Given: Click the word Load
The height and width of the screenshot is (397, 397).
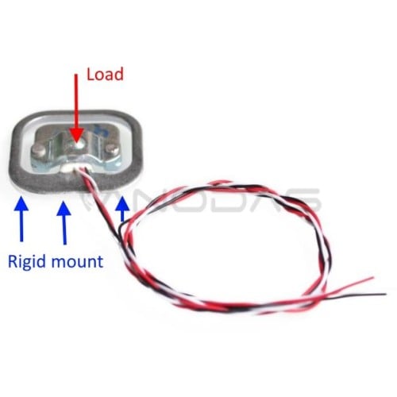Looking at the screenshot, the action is tap(105, 74).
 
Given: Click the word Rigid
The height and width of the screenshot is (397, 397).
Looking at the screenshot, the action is tap(26, 262).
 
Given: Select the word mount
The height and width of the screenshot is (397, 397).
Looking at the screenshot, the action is tap(77, 261).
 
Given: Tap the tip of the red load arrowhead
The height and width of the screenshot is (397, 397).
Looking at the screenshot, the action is tap(76, 142).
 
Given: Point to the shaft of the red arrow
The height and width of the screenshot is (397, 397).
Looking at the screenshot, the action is tap(76, 101).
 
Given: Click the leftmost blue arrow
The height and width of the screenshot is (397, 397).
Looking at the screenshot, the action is tap(21, 218).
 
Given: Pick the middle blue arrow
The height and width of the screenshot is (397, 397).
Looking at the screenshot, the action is tap(64, 223).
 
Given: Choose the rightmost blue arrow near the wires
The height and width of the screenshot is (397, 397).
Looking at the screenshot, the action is tap(122, 209).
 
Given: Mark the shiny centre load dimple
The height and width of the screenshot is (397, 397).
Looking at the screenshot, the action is tap(79, 144).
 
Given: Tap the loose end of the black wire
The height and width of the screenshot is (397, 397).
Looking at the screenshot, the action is tap(385, 294).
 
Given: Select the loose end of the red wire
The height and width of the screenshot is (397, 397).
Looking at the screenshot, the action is tap(372, 278).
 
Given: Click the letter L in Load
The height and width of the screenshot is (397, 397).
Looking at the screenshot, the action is tap(91, 74).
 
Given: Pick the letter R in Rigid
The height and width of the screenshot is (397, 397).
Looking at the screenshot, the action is tap(13, 260).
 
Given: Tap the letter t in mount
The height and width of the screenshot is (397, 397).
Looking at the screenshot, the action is tap(100, 262).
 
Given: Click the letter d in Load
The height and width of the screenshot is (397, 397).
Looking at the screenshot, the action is tap(119, 74).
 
